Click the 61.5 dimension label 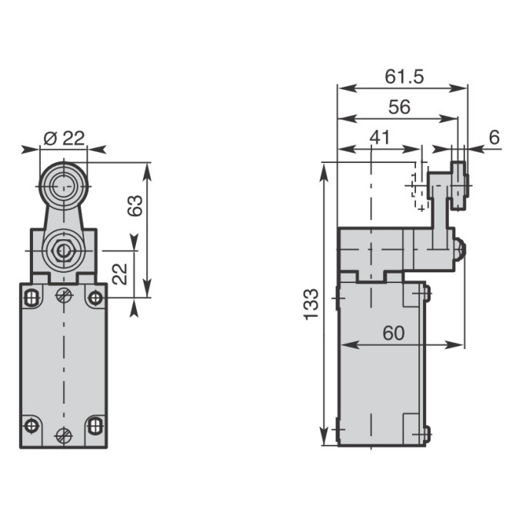[x=404, y=76]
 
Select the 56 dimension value [x=399, y=107]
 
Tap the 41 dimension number [x=380, y=138]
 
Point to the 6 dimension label [x=494, y=138]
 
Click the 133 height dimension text [x=311, y=304]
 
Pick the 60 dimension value [x=394, y=333]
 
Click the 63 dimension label [x=135, y=205]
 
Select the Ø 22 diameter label [x=65, y=138]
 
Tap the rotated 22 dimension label [x=119, y=274]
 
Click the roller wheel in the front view [x=64, y=187]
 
